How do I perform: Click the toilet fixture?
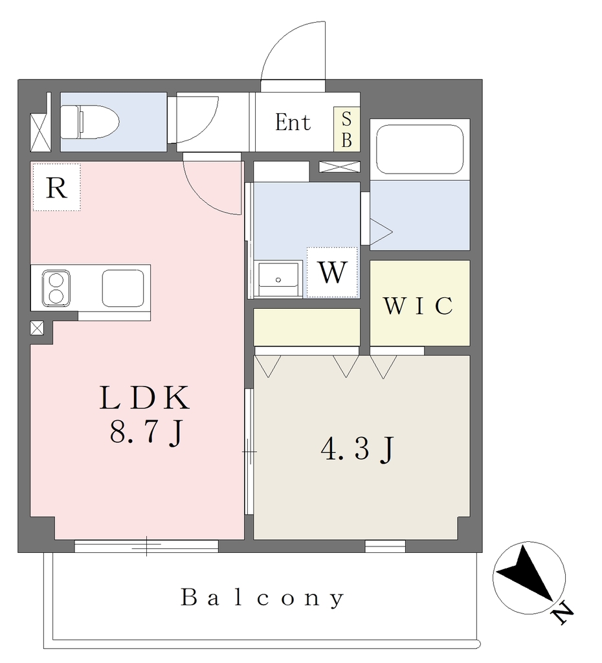(x=89, y=122)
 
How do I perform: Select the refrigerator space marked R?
(x=57, y=187)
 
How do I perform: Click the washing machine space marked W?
(x=333, y=273)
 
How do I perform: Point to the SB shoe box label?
(x=347, y=129)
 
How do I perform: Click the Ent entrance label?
(x=293, y=122)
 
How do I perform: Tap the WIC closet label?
(x=418, y=306)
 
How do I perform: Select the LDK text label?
(x=144, y=398)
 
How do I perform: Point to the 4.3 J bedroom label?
(x=358, y=449)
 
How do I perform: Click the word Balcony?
(x=263, y=598)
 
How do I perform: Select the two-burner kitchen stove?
(x=56, y=288)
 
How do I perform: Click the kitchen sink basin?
(x=123, y=288)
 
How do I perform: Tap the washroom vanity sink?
(x=278, y=279)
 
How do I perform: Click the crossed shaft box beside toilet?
(x=41, y=132)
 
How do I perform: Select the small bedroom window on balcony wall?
(x=385, y=546)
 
